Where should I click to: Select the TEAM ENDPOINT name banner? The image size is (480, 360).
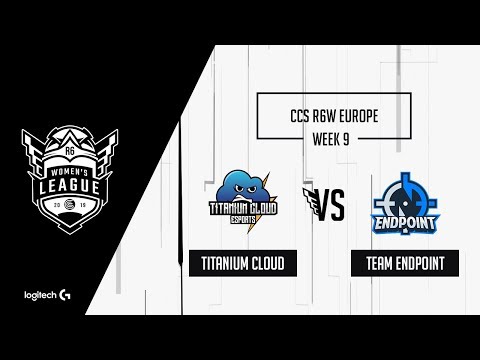coord(398,263)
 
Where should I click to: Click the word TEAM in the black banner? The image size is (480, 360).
coord(371,263)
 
